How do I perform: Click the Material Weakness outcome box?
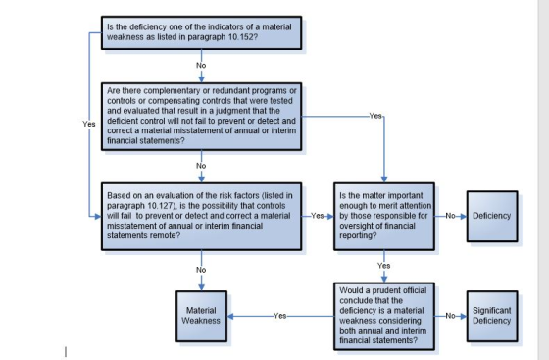[x=201, y=316]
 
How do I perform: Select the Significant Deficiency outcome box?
[x=492, y=316]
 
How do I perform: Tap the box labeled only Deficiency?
[x=492, y=216]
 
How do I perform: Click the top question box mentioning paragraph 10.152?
[x=201, y=32]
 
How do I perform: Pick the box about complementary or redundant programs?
[x=201, y=117]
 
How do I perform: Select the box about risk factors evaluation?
[x=201, y=216]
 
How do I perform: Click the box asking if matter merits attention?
[x=384, y=216]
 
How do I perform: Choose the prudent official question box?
[x=384, y=316]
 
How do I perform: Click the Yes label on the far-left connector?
[x=89, y=124]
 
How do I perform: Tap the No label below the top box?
[x=201, y=65]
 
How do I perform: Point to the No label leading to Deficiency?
[x=450, y=216]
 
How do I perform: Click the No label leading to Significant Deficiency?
[x=450, y=316]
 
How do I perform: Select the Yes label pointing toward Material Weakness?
[x=279, y=316]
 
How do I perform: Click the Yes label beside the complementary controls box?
[x=375, y=116]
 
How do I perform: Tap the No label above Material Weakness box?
[x=201, y=270]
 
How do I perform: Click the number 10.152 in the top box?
[x=240, y=37]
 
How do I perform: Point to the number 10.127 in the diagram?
[x=161, y=206]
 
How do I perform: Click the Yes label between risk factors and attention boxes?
[x=318, y=216]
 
